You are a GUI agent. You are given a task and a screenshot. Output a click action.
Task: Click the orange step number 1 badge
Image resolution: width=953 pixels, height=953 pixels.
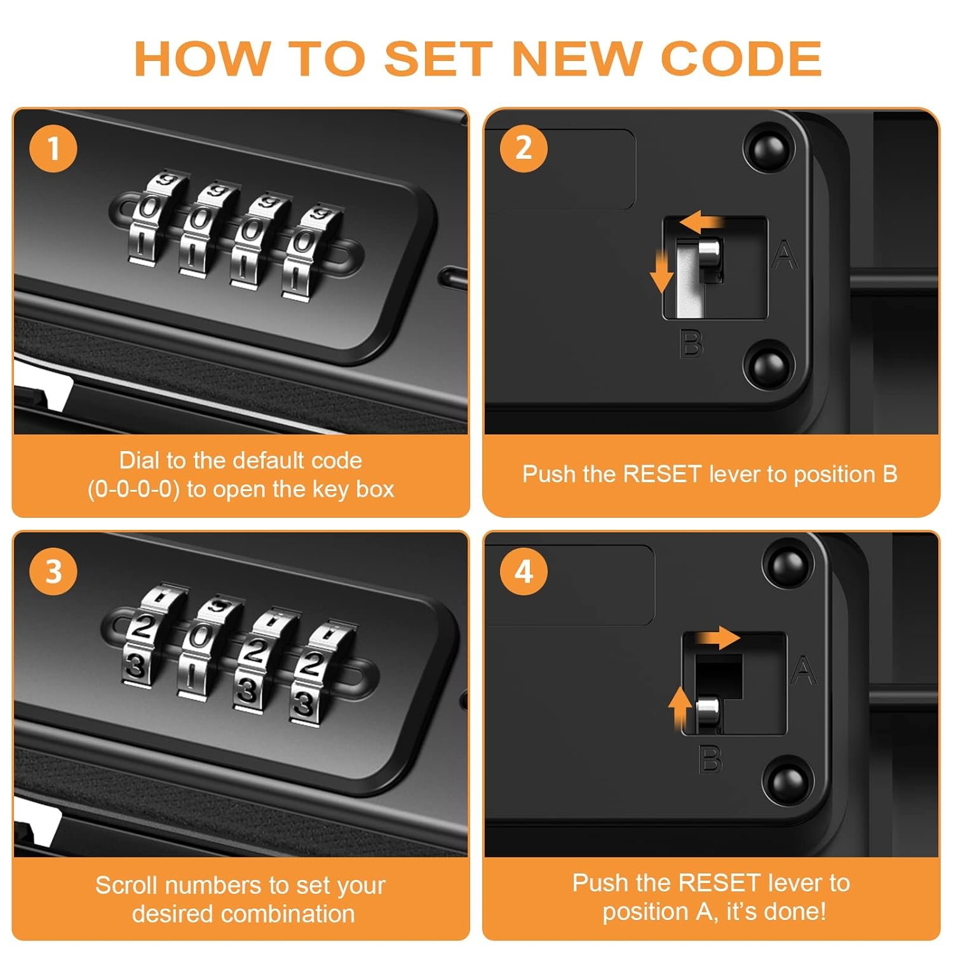coord(53,149)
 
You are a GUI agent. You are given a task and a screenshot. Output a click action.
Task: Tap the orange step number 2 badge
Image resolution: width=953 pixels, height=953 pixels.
coord(524,148)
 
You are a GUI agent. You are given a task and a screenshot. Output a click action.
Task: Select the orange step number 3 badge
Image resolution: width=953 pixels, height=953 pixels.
coord(53,571)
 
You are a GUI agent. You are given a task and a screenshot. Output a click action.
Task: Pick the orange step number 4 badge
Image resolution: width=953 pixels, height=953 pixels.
coord(524,571)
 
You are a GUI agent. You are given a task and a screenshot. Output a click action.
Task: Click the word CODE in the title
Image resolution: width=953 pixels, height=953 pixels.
coord(741,58)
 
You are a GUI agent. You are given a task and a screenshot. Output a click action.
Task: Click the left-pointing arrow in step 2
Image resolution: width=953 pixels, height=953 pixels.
coord(701,222)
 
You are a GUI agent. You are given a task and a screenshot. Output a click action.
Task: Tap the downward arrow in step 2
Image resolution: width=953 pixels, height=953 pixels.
coord(661,271)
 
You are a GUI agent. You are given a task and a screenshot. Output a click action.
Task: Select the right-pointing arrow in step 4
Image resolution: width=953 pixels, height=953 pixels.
coord(717,637)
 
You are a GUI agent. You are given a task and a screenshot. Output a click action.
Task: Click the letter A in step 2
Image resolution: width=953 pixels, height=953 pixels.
coord(785,255)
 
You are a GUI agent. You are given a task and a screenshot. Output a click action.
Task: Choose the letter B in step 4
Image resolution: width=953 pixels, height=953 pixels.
coord(710,759)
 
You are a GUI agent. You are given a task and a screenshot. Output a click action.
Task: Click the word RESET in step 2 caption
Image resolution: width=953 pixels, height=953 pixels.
coord(662,474)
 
